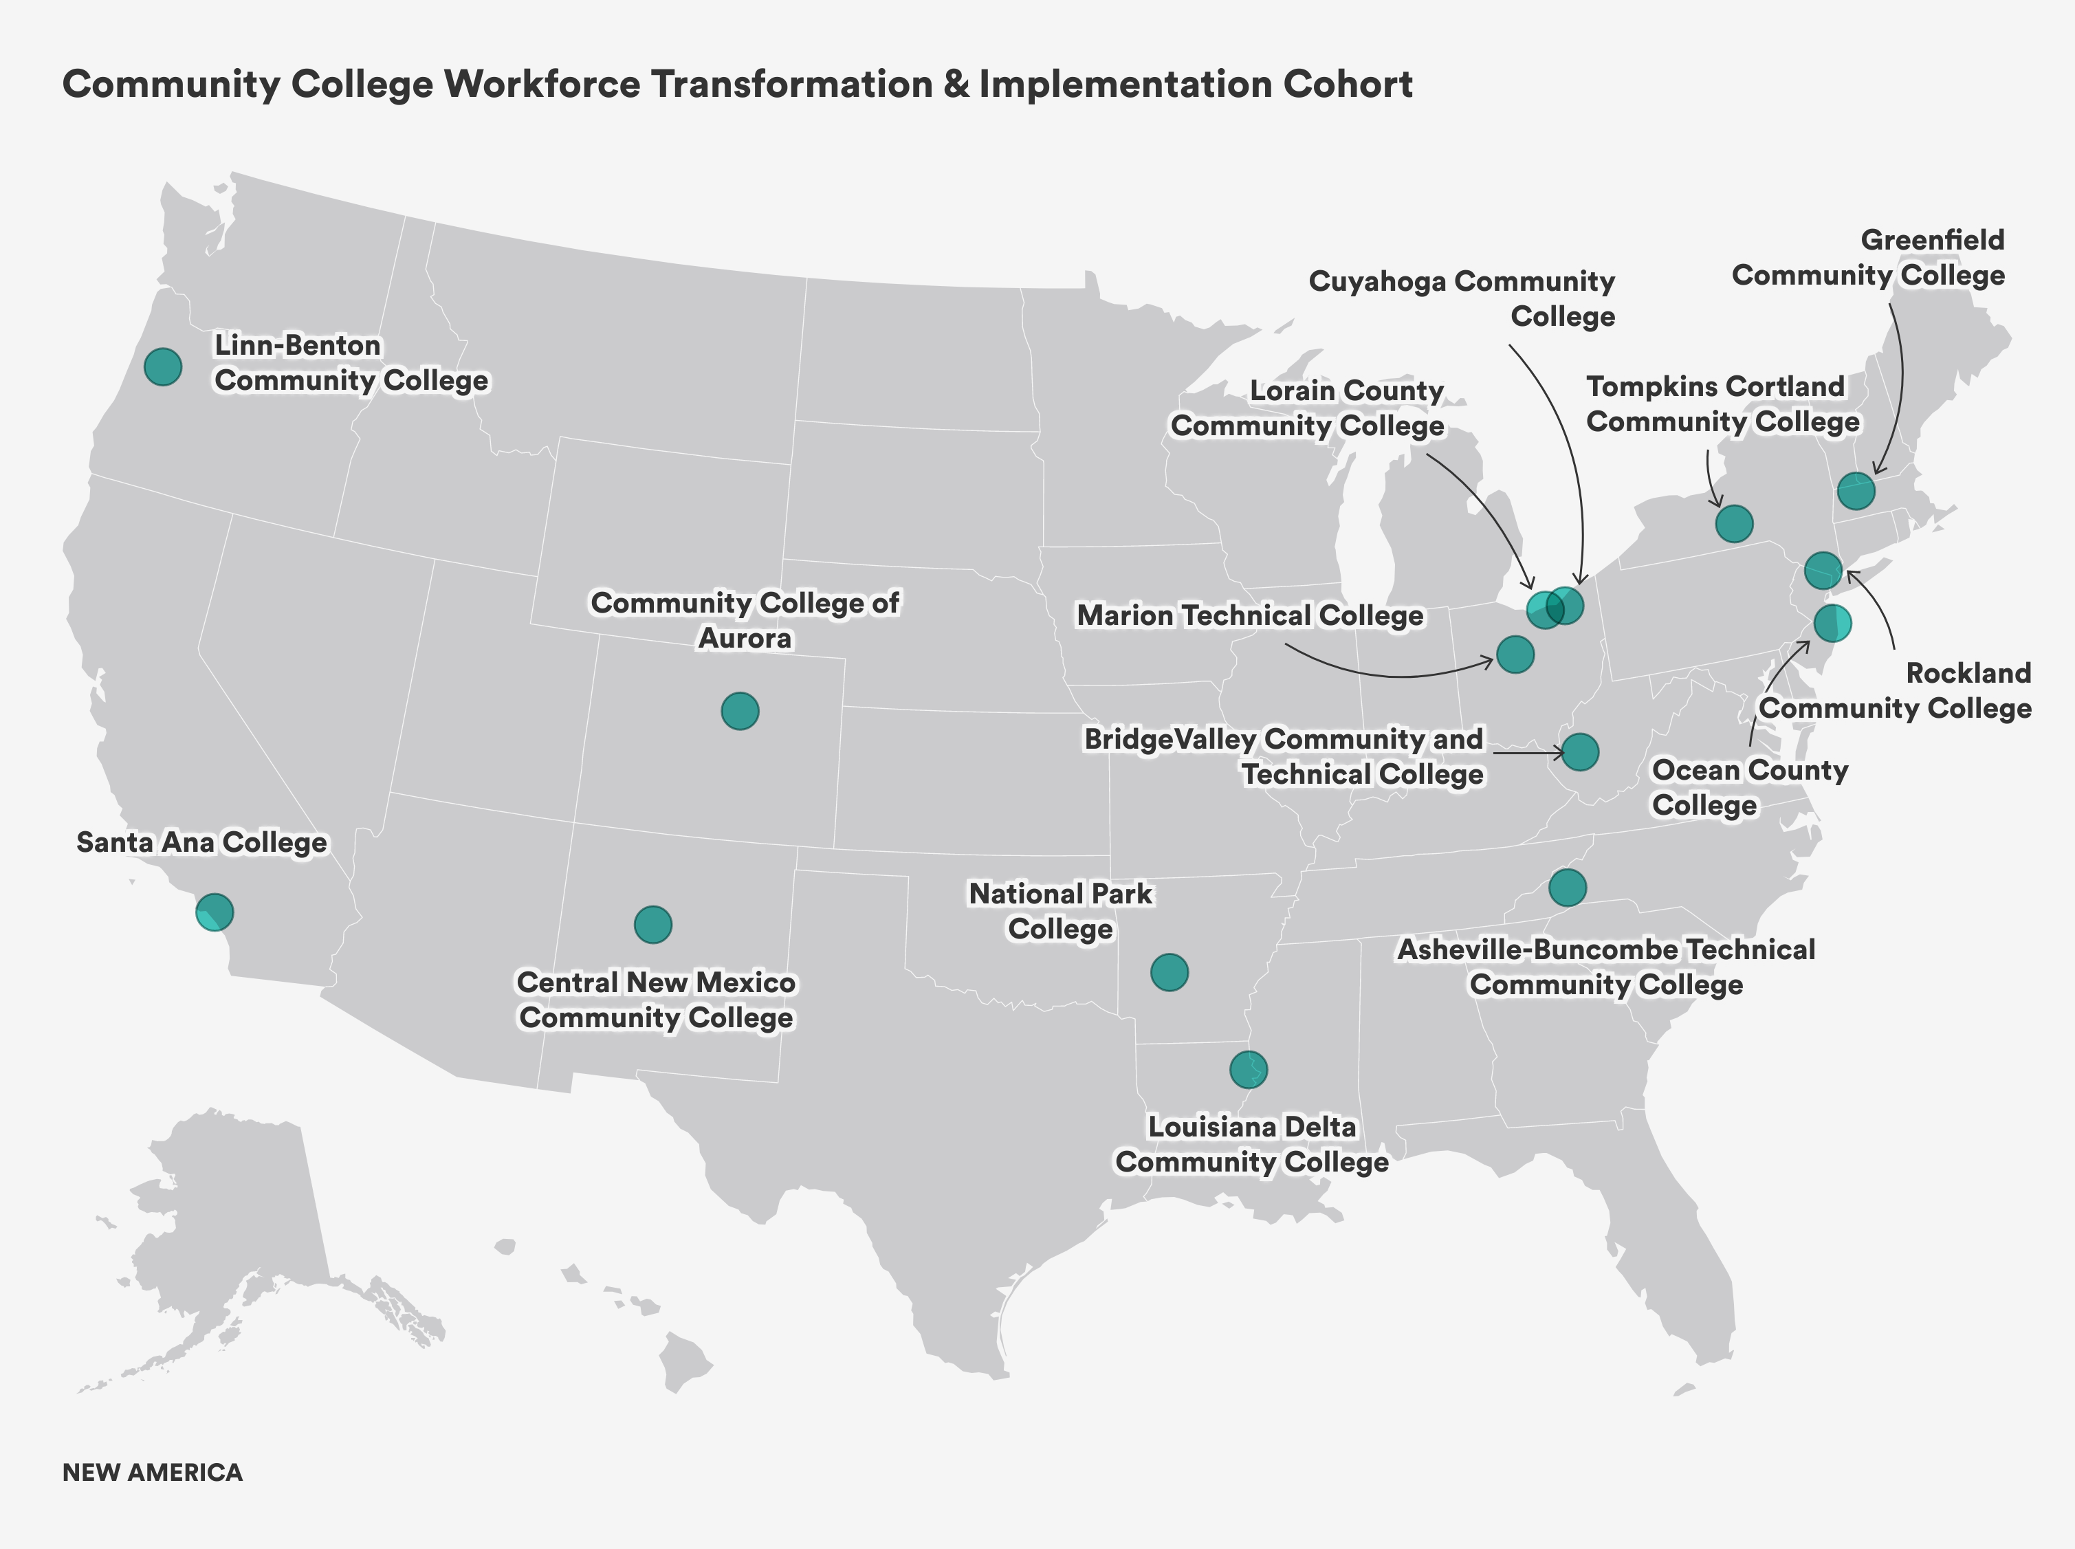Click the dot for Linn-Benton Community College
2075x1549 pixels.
[163, 366]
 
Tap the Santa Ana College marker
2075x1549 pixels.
[215, 912]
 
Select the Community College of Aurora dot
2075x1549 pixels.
[740, 712]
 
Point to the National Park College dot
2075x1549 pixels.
[1170, 972]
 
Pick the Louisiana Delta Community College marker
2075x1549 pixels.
[1248, 1069]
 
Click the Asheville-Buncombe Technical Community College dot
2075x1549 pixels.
[1568, 886]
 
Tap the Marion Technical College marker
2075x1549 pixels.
[1515, 654]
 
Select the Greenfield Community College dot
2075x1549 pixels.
[1856, 490]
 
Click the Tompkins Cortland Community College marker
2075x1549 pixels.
[1734, 523]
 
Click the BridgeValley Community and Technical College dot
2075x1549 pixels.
[1580, 752]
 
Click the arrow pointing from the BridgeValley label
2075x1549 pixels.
[1528, 752]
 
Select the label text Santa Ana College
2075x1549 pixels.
[201, 842]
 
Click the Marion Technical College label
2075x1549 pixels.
[1250, 616]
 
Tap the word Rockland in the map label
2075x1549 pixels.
[1968, 673]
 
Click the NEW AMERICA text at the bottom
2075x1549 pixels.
[153, 1472]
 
